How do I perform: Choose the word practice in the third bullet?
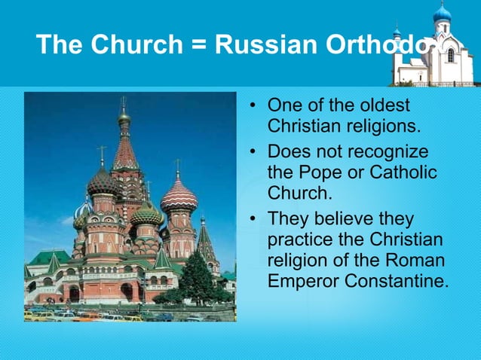point(299,239)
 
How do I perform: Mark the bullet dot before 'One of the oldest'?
point(254,105)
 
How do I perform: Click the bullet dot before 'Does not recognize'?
point(254,152)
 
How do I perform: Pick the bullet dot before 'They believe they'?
point(254,219)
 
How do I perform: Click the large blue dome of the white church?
point(443,13)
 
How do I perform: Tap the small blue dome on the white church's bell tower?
point(397,32)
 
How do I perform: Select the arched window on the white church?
point(450,55)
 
